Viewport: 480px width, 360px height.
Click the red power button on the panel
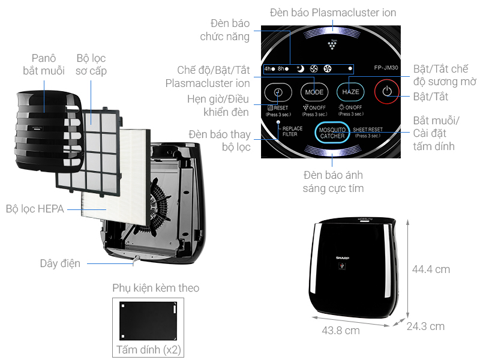(x=386, y=92)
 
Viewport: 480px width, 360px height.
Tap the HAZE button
(x=350, y=92)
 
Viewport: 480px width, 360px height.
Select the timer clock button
(x=278, y=92)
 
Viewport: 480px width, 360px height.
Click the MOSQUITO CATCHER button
(x=332, y=133)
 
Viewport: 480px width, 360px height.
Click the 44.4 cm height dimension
(x=431, y=269)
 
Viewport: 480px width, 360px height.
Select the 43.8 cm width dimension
(x=341, y=330)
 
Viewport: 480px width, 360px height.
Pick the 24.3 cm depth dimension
(x=425, y=326)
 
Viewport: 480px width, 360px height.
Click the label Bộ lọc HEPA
(x=34, y=209)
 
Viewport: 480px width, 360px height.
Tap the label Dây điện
(x=60, y=263)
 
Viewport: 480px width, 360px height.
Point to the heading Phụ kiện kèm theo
(x=156, y=288)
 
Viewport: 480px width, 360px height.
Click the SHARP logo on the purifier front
(x=342, y=256)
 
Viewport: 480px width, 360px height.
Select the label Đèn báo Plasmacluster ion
(x=333, y=12)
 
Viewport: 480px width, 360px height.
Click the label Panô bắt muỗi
(x=43, y=65)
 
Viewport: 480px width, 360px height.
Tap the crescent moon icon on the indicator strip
(x=299, y=68)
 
